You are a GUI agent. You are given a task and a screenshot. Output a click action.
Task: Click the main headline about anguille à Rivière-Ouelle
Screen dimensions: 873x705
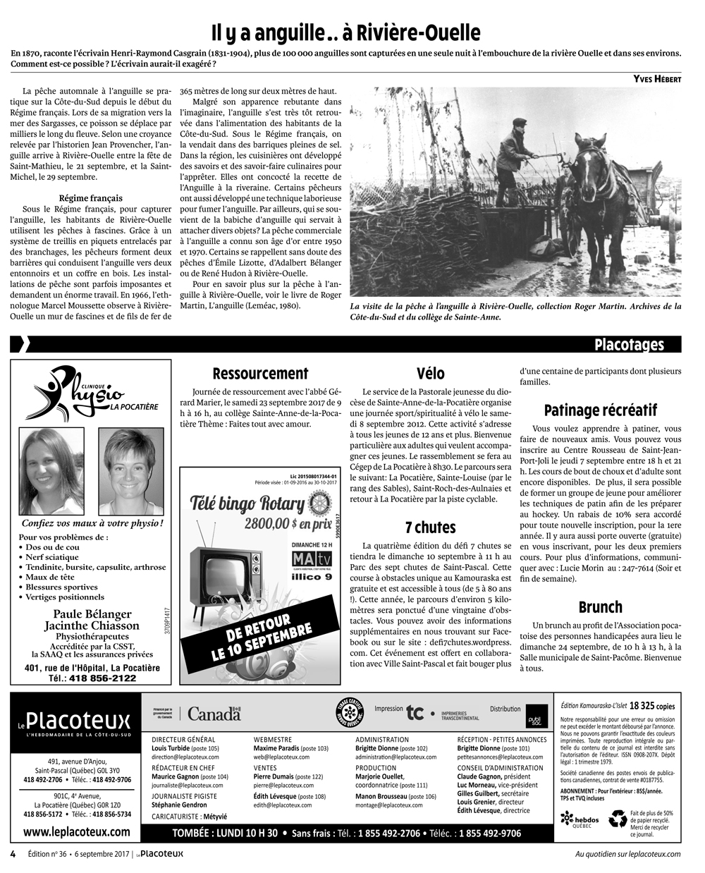[x=346, y=32]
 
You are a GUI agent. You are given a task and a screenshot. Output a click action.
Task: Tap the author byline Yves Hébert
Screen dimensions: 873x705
[x=657, y=79]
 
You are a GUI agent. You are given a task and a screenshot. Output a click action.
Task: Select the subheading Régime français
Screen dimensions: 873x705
[x=90, y=198]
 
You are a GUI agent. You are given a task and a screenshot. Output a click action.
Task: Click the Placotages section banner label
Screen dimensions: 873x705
[x=629, y=344]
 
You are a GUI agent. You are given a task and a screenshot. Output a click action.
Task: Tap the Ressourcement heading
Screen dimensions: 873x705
[x=260, y=374]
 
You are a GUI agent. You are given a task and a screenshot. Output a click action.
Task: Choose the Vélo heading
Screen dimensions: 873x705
[x=431, y=374]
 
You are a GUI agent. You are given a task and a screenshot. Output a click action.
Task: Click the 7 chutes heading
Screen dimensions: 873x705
[x=430, y=527]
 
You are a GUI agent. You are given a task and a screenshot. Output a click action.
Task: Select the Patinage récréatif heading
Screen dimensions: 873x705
[x=601, y=410]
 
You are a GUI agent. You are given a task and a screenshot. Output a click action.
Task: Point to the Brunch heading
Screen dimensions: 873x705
[x=601, y=607]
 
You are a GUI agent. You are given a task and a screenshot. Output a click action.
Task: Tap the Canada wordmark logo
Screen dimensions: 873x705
[x=214, y=714]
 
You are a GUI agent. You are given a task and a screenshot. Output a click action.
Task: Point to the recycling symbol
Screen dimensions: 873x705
[x=618, y=819]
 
